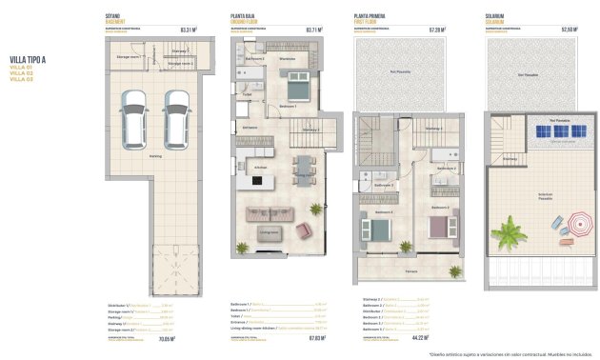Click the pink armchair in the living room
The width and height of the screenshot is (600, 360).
pyautogui.click(x=304, y=230)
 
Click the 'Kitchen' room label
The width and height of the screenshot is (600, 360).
pyautogui.click(x=259, y=168)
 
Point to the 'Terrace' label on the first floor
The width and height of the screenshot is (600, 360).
pyautogui.click(x=411, y=271)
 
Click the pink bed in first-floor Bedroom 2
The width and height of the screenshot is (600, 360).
pyautogui.click(x=437, y=227)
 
